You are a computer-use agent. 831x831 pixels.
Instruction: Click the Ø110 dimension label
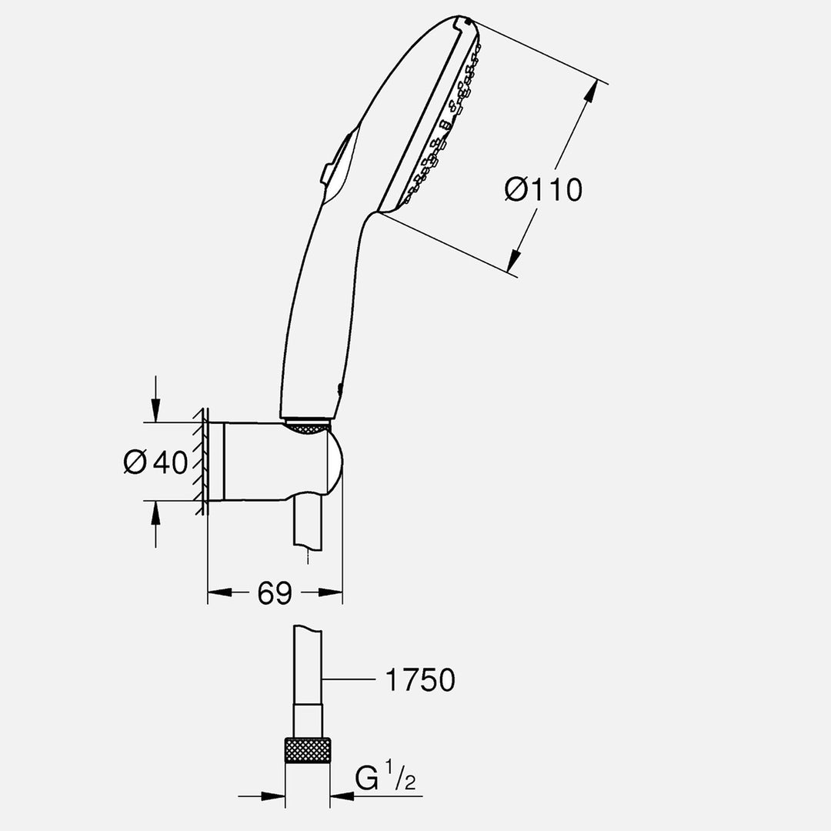[543, 189]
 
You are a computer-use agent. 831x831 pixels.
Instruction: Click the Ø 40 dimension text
[156, 462]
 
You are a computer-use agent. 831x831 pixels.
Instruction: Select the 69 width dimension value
[275, 592]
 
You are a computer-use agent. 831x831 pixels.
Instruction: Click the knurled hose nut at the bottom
[308, 750]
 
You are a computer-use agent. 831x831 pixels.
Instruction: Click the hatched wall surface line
[202, 462]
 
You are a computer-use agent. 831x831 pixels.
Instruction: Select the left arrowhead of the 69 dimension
[219, 592]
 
